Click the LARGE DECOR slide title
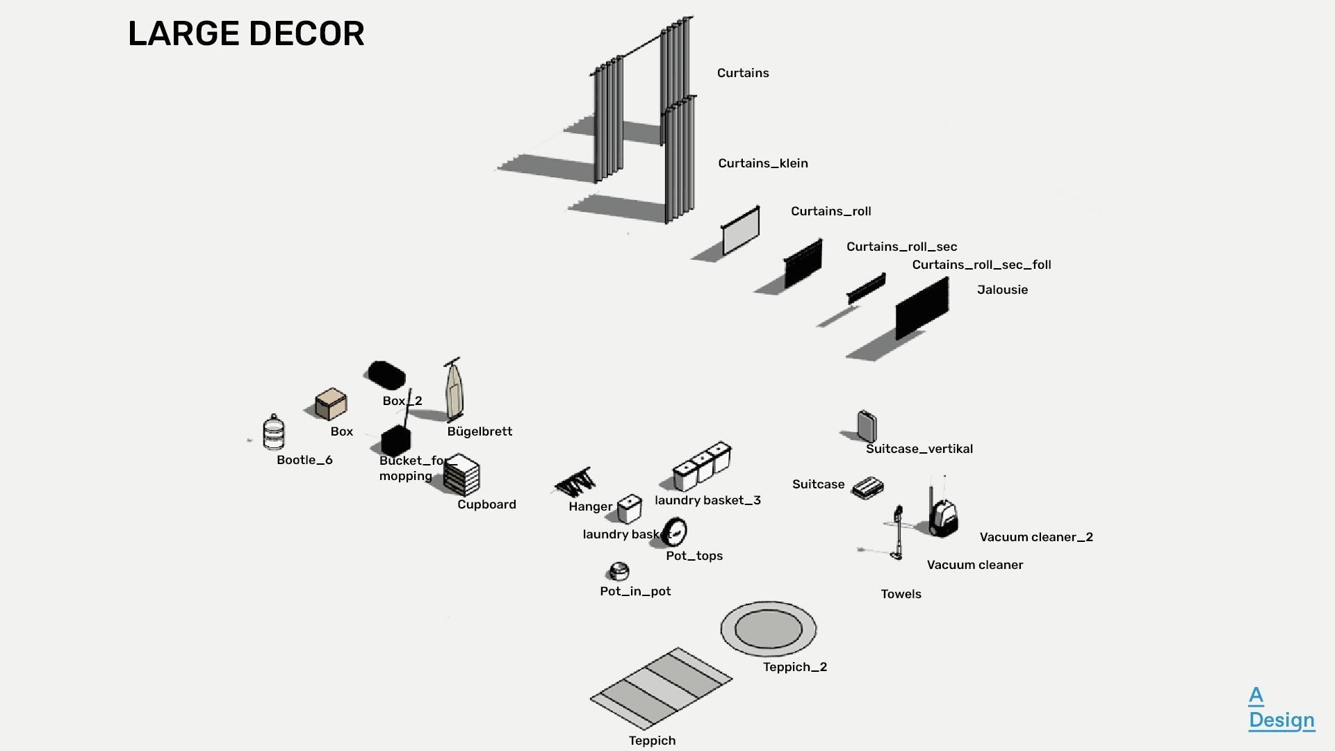[246, 34]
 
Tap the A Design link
[1280, 708]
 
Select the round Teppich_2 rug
[768, 628]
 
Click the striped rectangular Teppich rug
[661, 687]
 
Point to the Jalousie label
[1001, 290]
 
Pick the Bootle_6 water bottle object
[274, 432]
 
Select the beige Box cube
[331, 404]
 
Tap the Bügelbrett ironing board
[454, 391]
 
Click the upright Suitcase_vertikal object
[867, 426]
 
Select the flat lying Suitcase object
[868, 487]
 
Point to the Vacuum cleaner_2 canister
[942, 517]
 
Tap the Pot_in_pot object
[618, 571]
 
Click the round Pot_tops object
[675, 531]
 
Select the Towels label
[901, 594]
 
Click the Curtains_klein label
[762, 163]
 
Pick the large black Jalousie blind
[922, 308]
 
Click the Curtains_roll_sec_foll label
[981, 265]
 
